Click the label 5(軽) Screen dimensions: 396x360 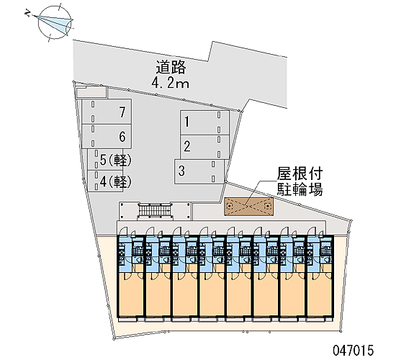(116, 160)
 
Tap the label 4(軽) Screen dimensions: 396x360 (116, 181)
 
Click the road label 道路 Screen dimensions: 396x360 (171, 67)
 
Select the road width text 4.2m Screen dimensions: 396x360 (170, 83)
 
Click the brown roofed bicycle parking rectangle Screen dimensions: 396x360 (249, 207)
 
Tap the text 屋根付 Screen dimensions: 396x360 (300, 174)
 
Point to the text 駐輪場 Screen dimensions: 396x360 (300, 189)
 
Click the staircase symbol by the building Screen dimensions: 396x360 (155, 210)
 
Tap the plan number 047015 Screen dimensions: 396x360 (353, 350)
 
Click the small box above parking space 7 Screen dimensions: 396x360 (91, 92)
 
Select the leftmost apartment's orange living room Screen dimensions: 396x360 (131, 294)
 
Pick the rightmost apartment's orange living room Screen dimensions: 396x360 (320, 294)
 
